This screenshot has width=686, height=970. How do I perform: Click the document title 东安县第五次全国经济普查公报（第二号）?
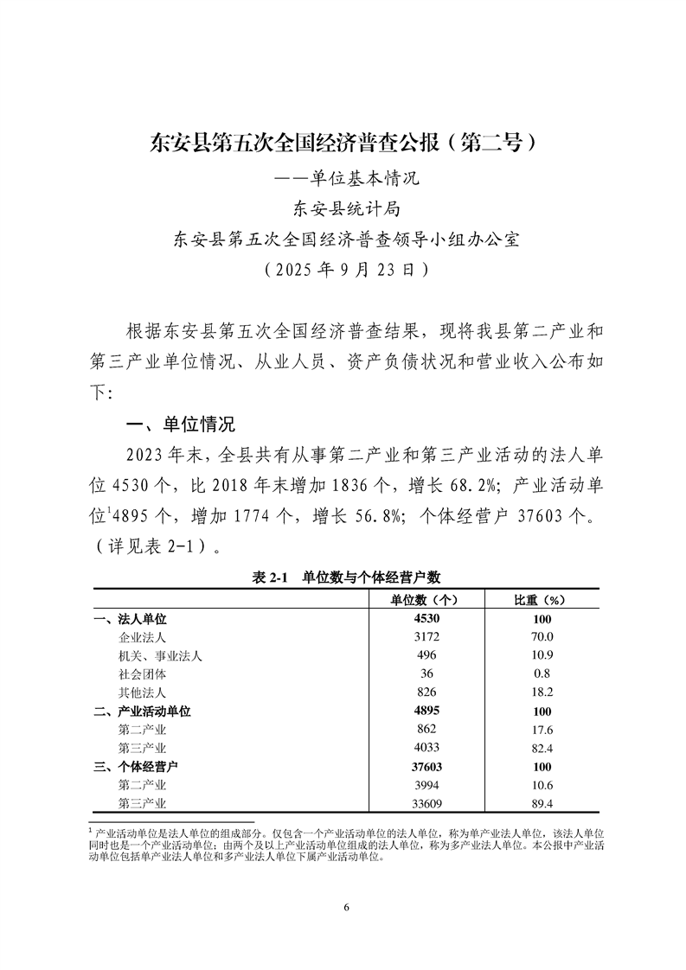pyautogui.click(x=343, y=142)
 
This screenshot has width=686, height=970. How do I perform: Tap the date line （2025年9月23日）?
pyautogui.click(x=343, y=268)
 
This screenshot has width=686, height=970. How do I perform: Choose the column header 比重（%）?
pyautogui.click(x=542, y=599)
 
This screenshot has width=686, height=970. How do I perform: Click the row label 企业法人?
pyautogui.click(x=141, y=637)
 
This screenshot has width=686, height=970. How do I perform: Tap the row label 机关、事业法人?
pyautogui.click(x=159, y=655)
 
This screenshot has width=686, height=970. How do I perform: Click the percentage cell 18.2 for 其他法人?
pyautogui.click(x=542, y=692)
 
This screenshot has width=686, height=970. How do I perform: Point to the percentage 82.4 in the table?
pyautogui.click(x=542, y=748)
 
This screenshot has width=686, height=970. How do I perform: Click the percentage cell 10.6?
pyautogui.click(x=542, y=784)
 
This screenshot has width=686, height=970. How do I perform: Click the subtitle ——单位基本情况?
pyautogui.click(x=344, y=180)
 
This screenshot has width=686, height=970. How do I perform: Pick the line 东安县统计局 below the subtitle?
pyautogui.click(x=344, y=208)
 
